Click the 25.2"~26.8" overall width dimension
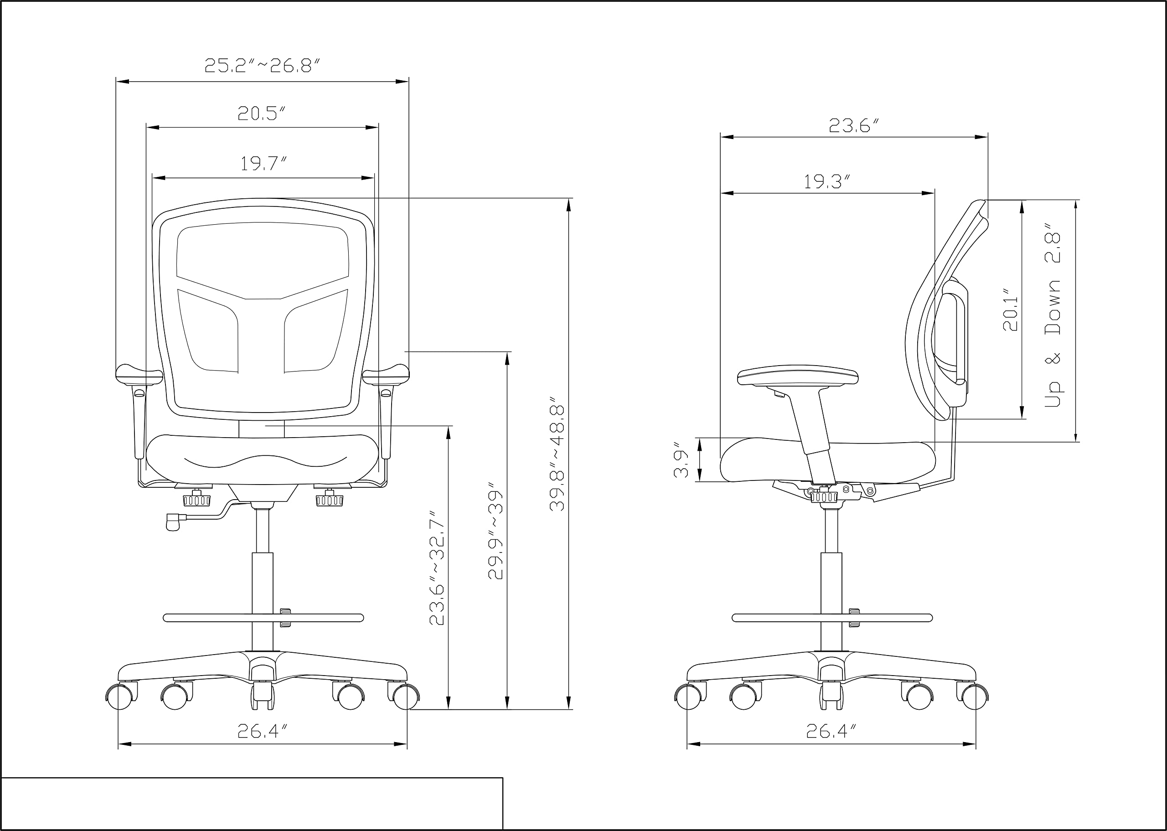pyautogui.click(x=262, y=66)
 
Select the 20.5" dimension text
pyautogui.click(x=261, y=113)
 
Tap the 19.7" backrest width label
pyautogui.click(x=263, y=164)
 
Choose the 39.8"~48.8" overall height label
pyautogui.click(x=557, y=459)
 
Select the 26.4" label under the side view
pyautogui.click(x=831, y=732)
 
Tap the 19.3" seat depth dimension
pyautogui.click(x=827, y=182)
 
